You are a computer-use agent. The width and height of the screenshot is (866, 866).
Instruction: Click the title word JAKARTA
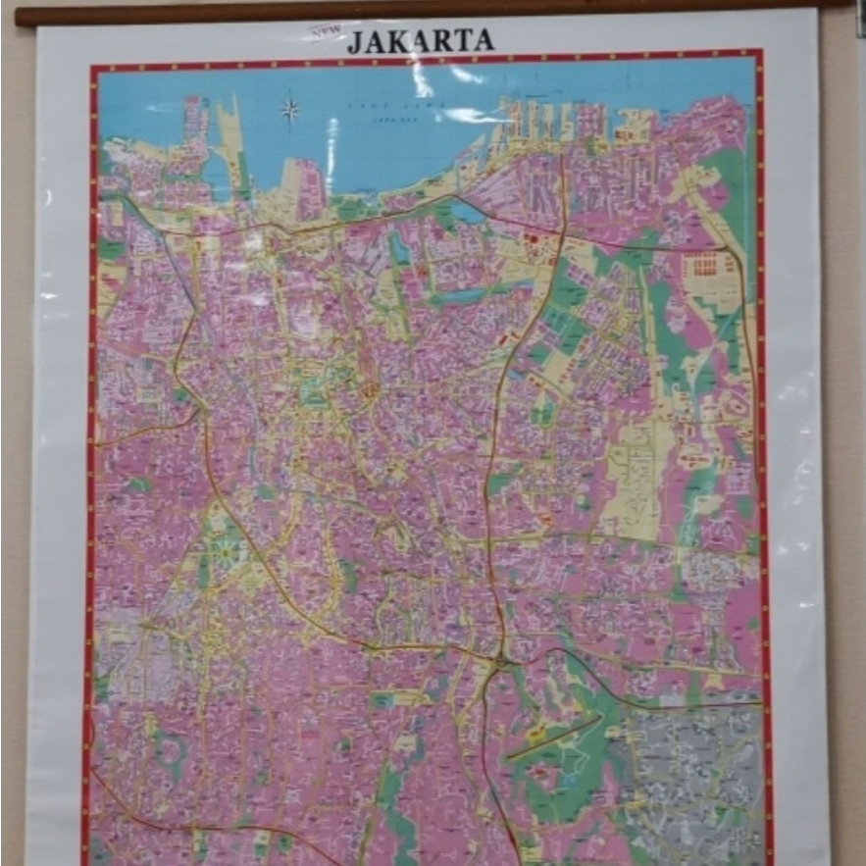(x=421, y=40)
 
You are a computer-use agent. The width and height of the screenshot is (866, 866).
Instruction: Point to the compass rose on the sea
(x=290, y=109)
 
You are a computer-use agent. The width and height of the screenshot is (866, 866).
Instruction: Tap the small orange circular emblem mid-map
(x=372, y=389)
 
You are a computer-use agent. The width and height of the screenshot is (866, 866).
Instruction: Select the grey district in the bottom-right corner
(x=696, y=775)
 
